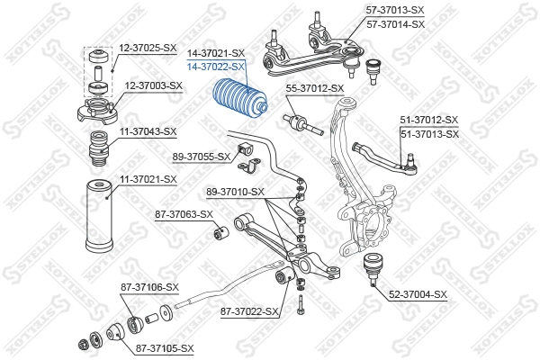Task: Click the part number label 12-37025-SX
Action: click(148, 47)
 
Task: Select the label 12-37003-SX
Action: click(153, 85)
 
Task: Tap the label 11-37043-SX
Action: click(148, 131)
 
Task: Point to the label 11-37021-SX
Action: click(148, 179)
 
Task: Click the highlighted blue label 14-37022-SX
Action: click(215, 67)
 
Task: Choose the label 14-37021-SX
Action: click(215, 54)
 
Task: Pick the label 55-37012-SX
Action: click(315, 88)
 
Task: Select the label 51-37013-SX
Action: click(428, 133)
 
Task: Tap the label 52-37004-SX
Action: click(418, 293)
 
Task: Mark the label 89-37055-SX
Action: click(203, 157)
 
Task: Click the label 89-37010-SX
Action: click(235, 192)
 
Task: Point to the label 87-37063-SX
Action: click(184, 214)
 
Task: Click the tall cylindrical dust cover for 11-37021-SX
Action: click(98, 219)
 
